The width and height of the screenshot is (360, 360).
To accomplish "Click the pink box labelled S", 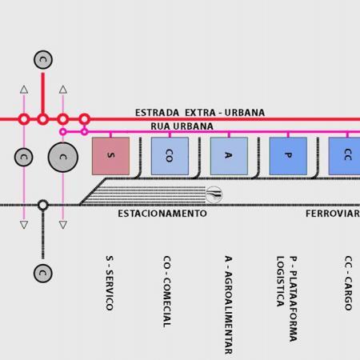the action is [110, 156].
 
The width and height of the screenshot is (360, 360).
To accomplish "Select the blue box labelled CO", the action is [170, 156].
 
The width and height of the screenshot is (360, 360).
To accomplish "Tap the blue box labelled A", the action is [229, 156].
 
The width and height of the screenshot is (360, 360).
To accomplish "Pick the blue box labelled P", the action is [288, 156].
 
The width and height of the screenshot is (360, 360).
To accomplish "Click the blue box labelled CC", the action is [344, 156].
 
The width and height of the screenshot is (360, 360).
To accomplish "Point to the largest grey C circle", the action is [63, 157].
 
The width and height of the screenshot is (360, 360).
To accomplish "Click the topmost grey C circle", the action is [43, 60].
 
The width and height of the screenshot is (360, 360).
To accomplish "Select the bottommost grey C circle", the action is [43, 274].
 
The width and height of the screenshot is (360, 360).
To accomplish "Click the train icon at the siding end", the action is [214, 195].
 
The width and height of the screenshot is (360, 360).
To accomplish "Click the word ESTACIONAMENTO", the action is [162, 214].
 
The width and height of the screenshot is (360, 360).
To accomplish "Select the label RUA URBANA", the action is [182, 126].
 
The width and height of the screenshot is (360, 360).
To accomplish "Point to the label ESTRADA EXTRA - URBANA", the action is [200, 113].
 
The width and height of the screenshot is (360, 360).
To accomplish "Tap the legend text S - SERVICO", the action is [110, 283].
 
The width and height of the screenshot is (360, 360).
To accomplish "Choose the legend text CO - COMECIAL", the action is [167, 292].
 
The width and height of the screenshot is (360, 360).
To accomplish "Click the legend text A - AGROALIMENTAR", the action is [229, 305].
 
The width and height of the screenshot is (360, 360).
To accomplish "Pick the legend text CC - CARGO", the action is [348, 283].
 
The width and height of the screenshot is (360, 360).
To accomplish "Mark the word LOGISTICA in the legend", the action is [280, 282].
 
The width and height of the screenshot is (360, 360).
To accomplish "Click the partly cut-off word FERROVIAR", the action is [333, 214].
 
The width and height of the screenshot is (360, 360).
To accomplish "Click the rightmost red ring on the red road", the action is [84, 119].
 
